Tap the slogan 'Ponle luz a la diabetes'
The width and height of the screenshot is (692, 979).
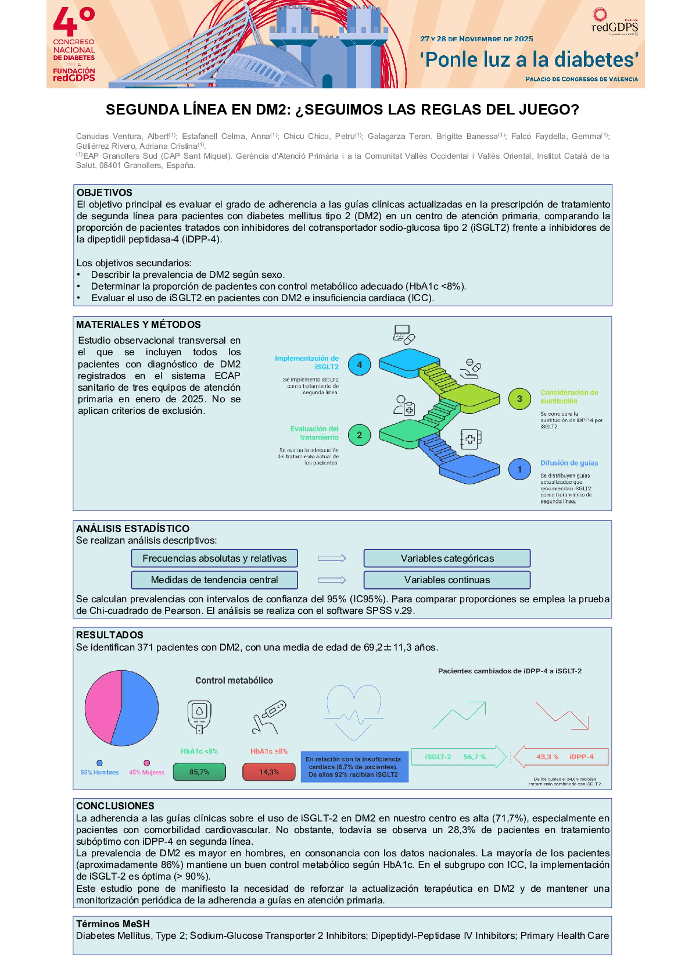pyautogui.click(x=529, y=59)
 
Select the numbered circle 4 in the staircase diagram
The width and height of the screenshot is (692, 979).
pyautogui.click(x=359, y=365)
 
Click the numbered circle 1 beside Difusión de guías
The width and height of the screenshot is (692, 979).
pyautogui.click(x=519, y=469)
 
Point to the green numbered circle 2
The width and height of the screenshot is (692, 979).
pyautogui.click(x=359, y=435)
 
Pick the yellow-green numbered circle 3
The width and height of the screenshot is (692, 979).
pyautogui.click(x=519, y=399)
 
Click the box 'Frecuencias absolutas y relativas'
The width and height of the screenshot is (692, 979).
pyautogui.click(x=214, y=559)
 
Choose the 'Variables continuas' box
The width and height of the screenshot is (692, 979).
pyautogui.click(x=447, y=580)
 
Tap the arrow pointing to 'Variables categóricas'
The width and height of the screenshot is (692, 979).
pyautogui.click(x=331, y=559)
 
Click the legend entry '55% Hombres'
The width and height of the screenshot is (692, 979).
pyautogui.click(x=99, y=772)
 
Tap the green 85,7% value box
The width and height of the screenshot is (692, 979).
pyautogui.click(x=199, y=772)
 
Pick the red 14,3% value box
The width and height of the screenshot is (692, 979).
pyautogui.click(x=268, y=772)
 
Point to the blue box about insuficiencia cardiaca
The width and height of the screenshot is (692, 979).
pyautogui.click(x=354, y=767)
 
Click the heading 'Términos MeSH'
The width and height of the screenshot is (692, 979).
pyautogui.click(x=113, y=924)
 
